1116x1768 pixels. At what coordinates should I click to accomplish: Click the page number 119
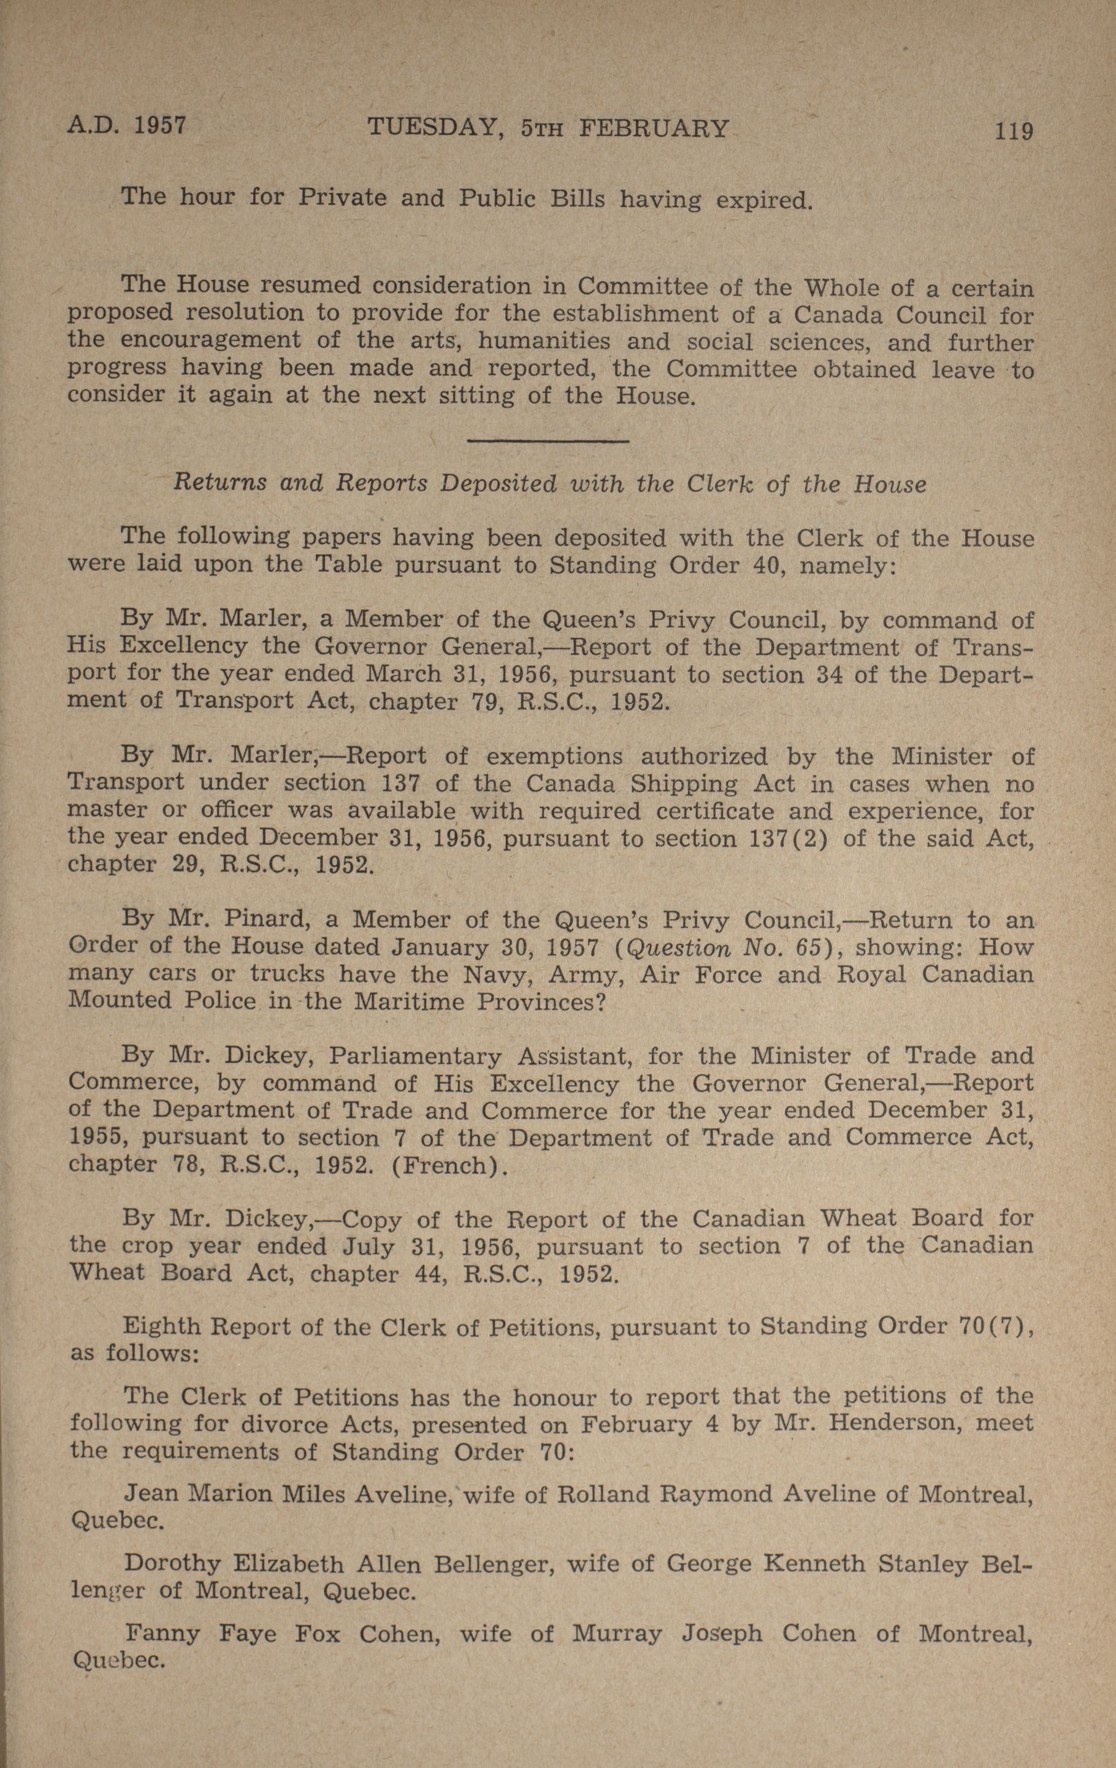coord(1013,131)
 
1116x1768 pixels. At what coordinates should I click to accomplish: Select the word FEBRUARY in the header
coord(654,129)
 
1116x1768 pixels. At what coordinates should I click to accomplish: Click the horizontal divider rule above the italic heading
coord(548,440)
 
